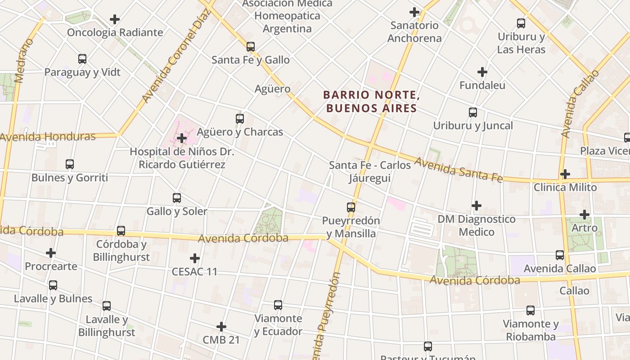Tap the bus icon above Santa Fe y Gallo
tap(251, 46)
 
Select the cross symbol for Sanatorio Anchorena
tap(414, 12)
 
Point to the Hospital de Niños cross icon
tap(182, 138)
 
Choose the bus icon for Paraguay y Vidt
tap(82, 58)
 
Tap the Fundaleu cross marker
tap(482, 72)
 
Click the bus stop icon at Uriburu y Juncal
tap(473, 112)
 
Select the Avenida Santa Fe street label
tap(458, 169)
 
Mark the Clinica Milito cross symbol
tap(565, 174)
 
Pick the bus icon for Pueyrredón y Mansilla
tap(351, 207)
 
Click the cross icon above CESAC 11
tap(195, 258)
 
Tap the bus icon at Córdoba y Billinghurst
tap(121, 231)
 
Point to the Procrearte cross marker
tap(51, 253)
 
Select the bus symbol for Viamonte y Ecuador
tap(278, 305)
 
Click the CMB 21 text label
tap(221, 340)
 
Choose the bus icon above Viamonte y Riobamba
tap(531, 310)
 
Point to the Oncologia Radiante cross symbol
tap(115, 19)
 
